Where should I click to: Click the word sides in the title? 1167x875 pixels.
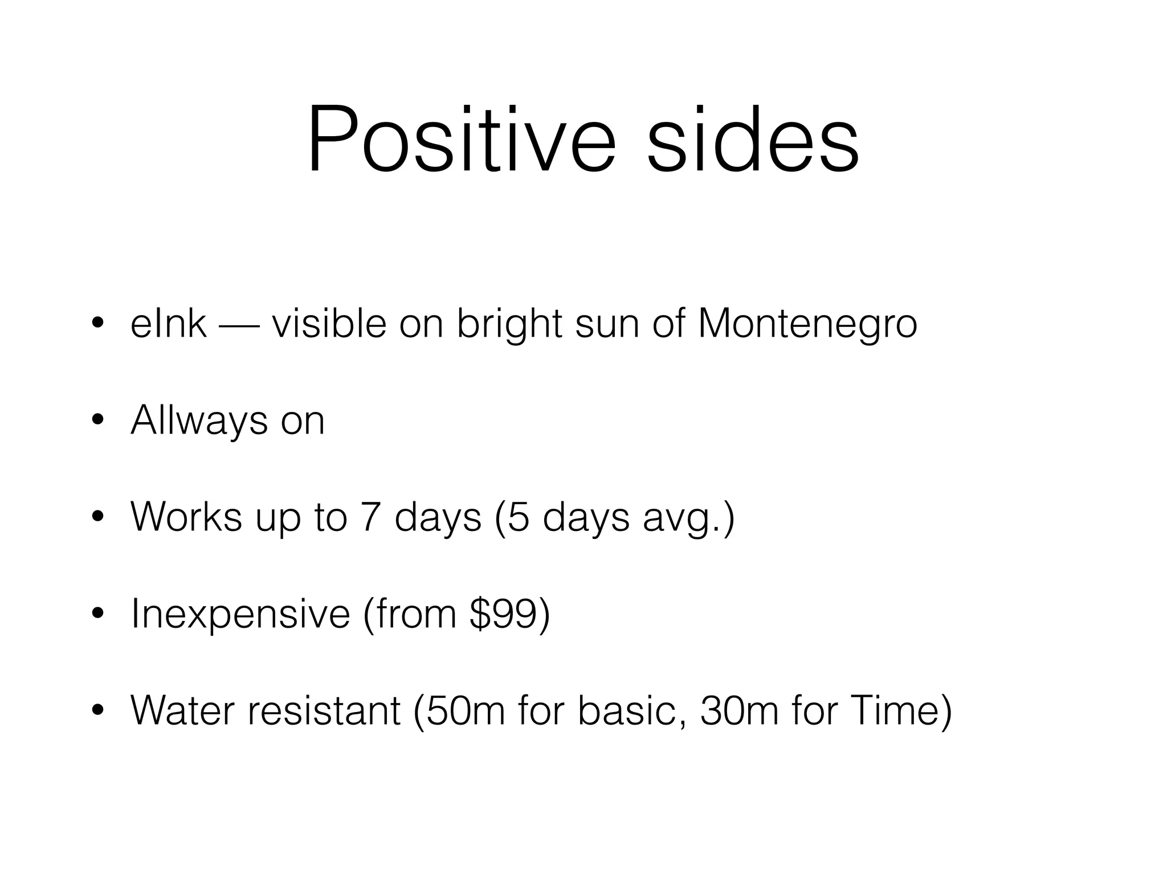point(753,140)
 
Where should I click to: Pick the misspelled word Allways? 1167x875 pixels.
point(199,422)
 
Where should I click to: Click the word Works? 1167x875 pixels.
point(186,517)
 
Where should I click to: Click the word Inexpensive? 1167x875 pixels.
point(240,614)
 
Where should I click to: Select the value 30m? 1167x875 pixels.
point(738,710)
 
